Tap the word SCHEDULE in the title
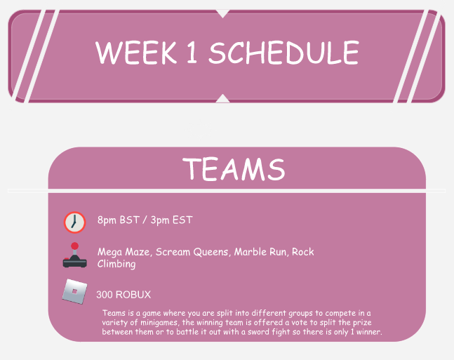click(284, 53)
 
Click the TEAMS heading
click(234, 169)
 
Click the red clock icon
click(74, 222)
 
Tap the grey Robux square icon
click(73, 291)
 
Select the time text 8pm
click(107, 220)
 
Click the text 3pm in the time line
click(161, 220)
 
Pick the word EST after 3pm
click(183, 220)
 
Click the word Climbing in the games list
click(116, 265)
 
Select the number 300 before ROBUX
click(105, 295)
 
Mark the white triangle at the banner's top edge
click(223, 13)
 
